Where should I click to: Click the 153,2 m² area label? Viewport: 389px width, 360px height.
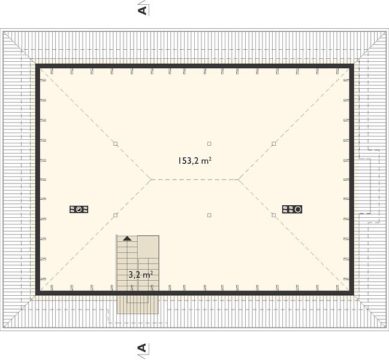[195, 161]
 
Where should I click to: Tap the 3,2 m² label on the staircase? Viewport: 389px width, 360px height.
[141, 275]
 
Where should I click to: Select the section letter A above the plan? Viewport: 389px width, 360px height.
[143, 10]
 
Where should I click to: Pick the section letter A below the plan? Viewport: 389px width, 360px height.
[143, 348]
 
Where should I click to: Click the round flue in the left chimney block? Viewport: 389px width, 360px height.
[79, 209]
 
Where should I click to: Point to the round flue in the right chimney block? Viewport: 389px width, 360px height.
[298, 209]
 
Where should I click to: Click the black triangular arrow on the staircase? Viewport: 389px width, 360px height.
[127, 238]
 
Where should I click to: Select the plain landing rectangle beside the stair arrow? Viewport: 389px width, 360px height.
[149, 247]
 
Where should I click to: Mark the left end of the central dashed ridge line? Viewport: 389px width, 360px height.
[151, 179]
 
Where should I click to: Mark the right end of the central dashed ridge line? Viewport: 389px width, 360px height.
[239, 179]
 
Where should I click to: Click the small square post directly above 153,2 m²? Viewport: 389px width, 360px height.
[209, 144]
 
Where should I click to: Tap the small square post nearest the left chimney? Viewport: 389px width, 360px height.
[115, 215]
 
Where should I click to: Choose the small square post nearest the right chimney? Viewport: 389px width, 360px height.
[274, 215]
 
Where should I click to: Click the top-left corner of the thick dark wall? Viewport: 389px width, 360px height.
[36, 64]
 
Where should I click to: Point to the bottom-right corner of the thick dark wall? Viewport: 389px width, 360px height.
[354, 295]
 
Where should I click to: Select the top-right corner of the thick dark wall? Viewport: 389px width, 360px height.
[354, 64]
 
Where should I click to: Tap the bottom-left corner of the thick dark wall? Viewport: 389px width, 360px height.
[36, 295]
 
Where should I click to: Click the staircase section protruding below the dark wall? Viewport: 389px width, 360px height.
[138, 305]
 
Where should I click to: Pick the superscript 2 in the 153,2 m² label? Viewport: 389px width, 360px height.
[210, 158]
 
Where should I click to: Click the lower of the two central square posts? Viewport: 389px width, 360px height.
[209, 215]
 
